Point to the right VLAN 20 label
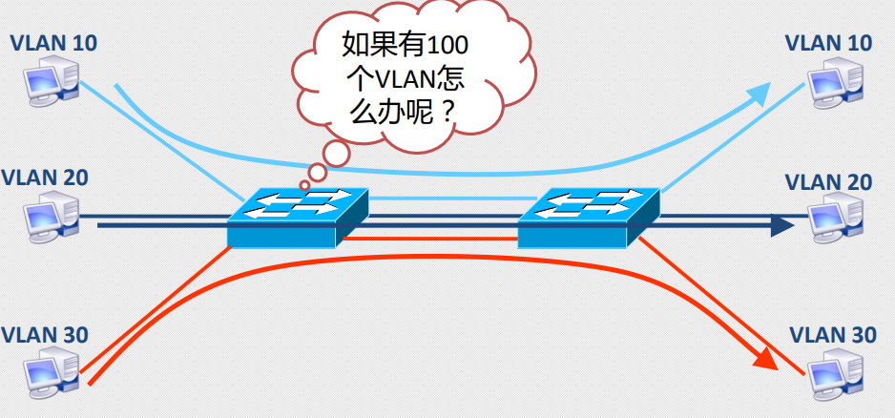pyautogui.click(x=828, y=181)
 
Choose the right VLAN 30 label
pyautogui.click(x=833, y=335)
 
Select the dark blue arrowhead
pyautogui.click(x=781, y=226)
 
